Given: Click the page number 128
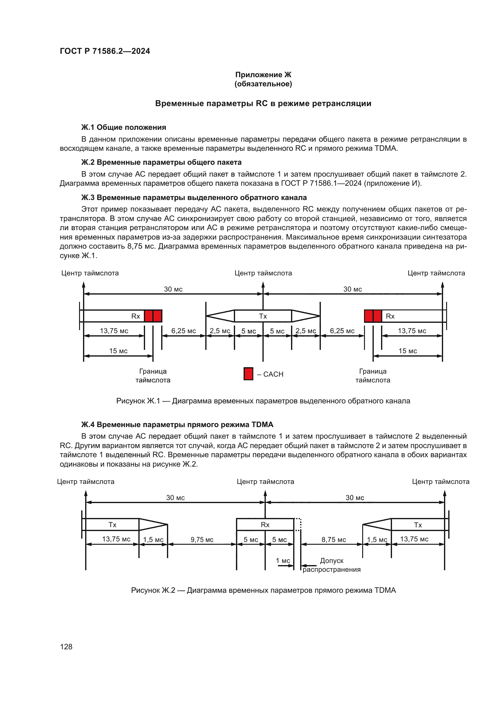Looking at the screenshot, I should pos(66,647).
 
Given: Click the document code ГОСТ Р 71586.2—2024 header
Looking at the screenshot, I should pos(105,51).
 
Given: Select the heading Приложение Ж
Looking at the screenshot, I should pos(263,75).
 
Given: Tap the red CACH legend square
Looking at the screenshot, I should pos(248,374).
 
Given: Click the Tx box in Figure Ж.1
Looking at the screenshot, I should pos(263,316).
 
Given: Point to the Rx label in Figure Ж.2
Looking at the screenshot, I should pos(265,525).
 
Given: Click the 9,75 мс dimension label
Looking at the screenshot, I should pos(202,540).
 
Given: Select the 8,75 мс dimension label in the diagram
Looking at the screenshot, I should pos(334,540).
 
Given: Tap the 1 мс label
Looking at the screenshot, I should pos(283,561).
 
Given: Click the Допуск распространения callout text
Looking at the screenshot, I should pos(331,565).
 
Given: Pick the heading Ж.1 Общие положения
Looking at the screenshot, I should pos(123,127).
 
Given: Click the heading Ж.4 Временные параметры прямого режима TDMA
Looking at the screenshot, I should pos(177,425).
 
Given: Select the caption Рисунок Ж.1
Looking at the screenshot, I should pos(263,401).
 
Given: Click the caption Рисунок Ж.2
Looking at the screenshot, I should pos(263,590).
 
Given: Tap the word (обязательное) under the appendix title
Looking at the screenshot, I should pos(263,84).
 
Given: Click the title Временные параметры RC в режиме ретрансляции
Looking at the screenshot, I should pos(263,103).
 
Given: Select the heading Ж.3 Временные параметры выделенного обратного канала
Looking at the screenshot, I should pos(194,198).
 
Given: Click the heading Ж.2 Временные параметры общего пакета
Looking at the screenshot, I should pos(161,162).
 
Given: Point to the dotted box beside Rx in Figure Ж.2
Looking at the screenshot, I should pos(298,524).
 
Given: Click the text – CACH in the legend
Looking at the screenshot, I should pos(270,374).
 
